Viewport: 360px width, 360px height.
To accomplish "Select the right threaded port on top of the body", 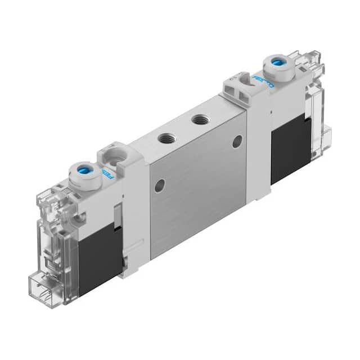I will [x=197, y=119].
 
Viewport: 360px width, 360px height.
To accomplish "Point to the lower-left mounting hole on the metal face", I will [x=160, y=183].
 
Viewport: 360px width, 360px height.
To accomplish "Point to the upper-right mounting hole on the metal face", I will [x=237, y=141].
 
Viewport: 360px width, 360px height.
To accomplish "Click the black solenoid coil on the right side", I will [x=290, y=149].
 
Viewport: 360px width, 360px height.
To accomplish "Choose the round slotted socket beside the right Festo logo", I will [x=243, y=84].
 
